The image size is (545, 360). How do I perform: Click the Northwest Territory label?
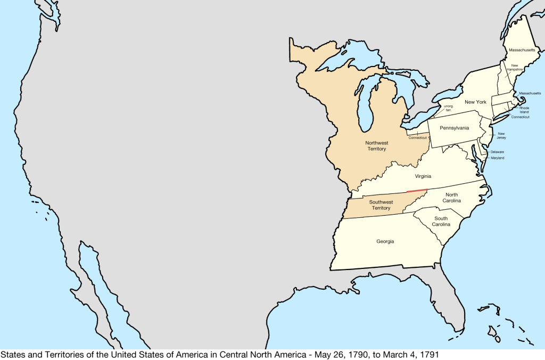point(376,146)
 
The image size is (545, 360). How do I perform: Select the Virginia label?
point(423,176)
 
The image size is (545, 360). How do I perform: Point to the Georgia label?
point(385,241)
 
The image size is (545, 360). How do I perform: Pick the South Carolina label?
point(441,222)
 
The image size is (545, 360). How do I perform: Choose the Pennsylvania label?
point(455,128)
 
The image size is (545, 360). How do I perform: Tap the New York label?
point(475,102)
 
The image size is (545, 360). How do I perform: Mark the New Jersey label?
point(501,136)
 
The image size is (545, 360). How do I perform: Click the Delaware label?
point(497,152)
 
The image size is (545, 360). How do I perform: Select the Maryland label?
point(498,158)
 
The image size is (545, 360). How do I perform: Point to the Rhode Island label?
point(524,110)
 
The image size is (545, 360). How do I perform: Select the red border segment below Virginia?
point(417,191)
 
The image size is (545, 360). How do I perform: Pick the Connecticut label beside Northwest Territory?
point(418,137)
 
